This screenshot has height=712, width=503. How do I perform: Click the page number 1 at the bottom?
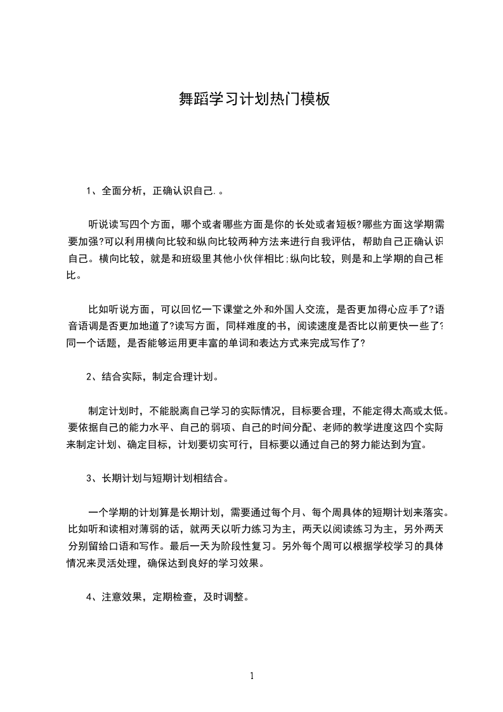click(252, 675)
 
